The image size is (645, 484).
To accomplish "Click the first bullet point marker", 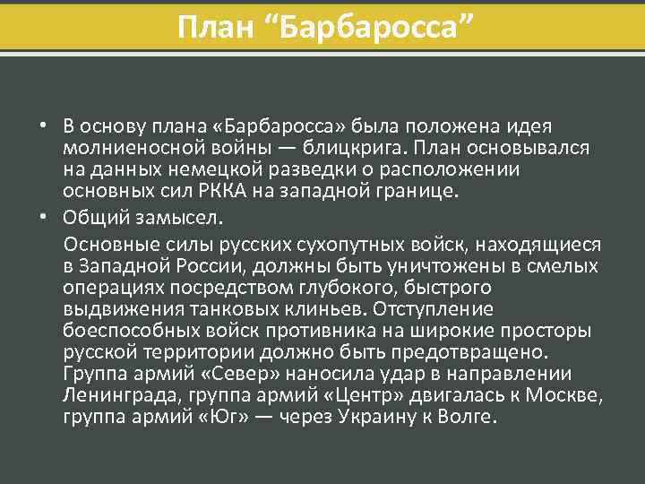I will click(42, 125).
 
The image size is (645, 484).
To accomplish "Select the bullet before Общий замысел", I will click(42, 217).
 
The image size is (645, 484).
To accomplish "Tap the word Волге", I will click(468, 418).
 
